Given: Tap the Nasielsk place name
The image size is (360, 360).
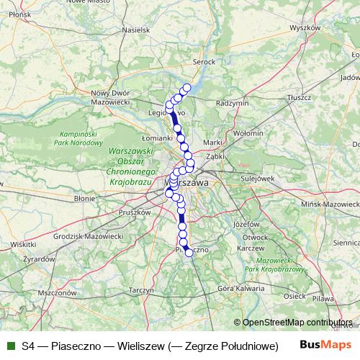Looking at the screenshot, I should click(135, 30).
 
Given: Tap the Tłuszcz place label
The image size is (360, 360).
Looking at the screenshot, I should click(297, 96).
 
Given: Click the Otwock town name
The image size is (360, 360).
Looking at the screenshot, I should click(256, 237).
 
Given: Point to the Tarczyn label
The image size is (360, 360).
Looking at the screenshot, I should click(140, 290).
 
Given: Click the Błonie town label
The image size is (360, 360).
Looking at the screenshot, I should click(85, 196).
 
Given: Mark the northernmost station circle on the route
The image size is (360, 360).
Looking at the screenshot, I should click(186, 88).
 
